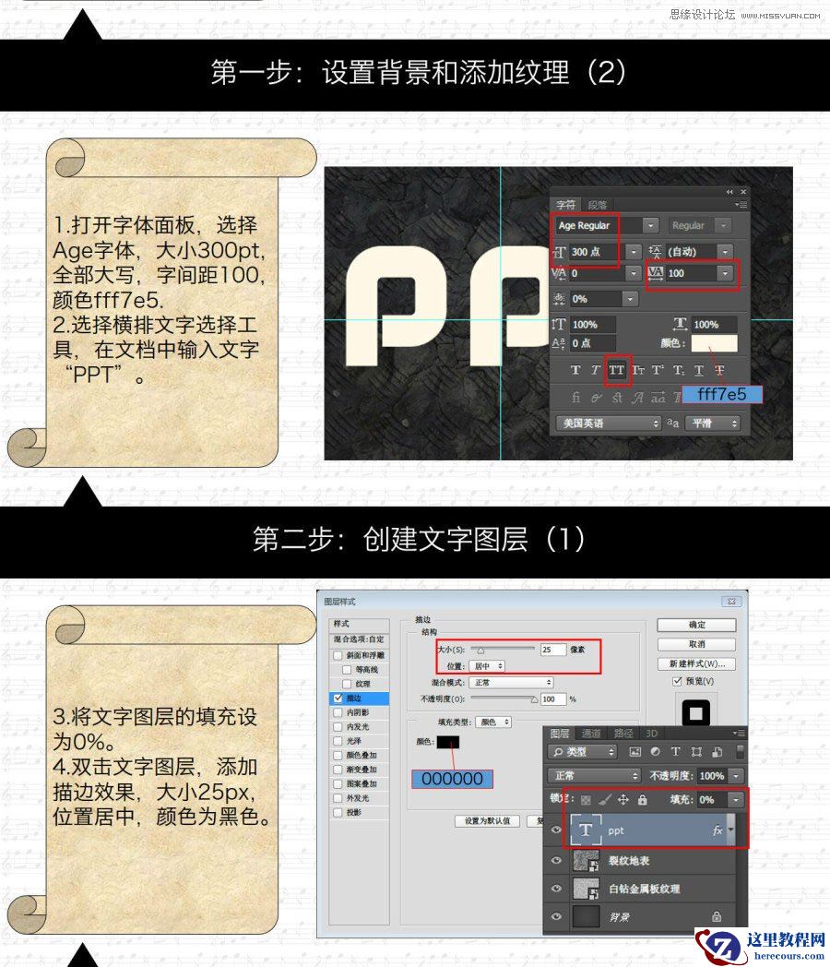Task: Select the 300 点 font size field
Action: [x=596, y=251]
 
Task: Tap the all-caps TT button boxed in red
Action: [x=617, y=370]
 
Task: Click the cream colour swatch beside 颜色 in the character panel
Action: [x=714, y=343]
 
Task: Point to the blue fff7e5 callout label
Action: [x=722, y=394]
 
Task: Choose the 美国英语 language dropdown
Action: [x=608, y=424]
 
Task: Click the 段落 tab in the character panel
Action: [x=598, y=205]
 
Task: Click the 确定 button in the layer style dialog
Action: [x=696, y=625]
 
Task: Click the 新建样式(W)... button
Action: [x=696, y=663]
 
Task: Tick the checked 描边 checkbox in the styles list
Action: [x=338, y=698]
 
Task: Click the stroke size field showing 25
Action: [x=553, y=650]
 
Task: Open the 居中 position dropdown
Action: [x=487, y=665]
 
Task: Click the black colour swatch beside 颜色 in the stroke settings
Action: [x=449, y=742]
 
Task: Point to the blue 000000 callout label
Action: [x=452, y=779]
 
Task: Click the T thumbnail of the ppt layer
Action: [x=586, y=830]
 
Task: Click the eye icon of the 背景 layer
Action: [x=556, y=916]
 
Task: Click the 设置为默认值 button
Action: [x=487, y=820]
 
